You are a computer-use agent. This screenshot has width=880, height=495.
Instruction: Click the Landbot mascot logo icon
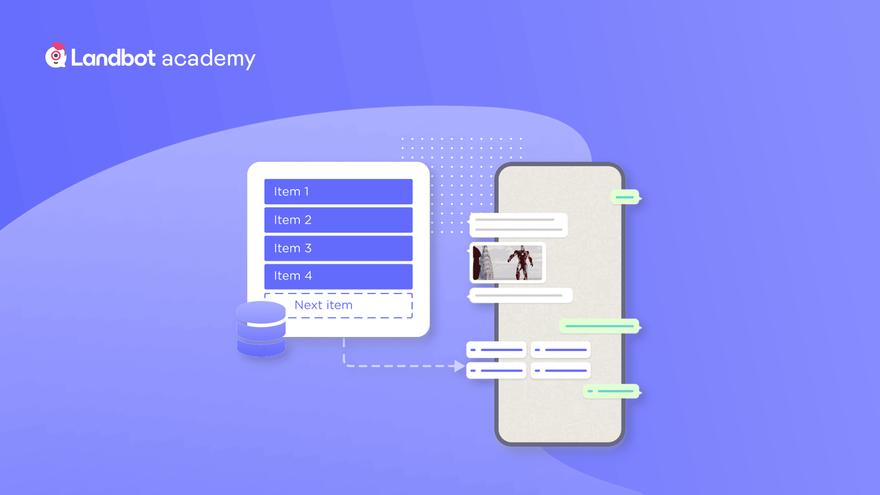click(x=56, y=55)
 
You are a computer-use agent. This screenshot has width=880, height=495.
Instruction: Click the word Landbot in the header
click(x=113, y=58)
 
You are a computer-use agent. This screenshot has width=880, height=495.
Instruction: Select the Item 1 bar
click(x=338, y=192)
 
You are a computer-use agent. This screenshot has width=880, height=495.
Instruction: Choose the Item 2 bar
click(x=338, y=220)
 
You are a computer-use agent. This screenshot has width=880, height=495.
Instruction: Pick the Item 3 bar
click(x=338, y=248)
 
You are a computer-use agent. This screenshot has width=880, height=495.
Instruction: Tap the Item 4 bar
click(x=338, y=276)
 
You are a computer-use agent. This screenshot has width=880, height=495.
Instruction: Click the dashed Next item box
click(x=338, y=305)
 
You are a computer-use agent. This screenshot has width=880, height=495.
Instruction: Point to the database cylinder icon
click(x=261, y=329)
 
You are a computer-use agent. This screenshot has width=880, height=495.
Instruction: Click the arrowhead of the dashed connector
click(x=460, y=366)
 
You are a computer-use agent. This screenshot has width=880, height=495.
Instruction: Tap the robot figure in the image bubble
click(x=521, y=262)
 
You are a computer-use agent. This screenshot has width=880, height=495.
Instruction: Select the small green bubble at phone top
click(x=625, y=197)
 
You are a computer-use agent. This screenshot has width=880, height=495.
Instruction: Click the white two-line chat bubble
click(x=518, y=225)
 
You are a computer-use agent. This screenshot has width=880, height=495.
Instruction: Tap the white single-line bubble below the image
click(x=520, y=296)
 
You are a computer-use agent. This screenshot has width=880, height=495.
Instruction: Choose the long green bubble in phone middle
click(x=600, y=326)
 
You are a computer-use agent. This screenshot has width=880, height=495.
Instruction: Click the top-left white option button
click(x=496, y=350)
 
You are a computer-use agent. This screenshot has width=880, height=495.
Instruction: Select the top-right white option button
click(x=561, y=350)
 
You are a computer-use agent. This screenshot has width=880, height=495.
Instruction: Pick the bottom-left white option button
click(x=496, y=370)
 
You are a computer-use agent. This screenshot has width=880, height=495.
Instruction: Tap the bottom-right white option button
click(x=561, y=370)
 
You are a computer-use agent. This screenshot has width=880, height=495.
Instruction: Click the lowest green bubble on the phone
click(x=612, y=391)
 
